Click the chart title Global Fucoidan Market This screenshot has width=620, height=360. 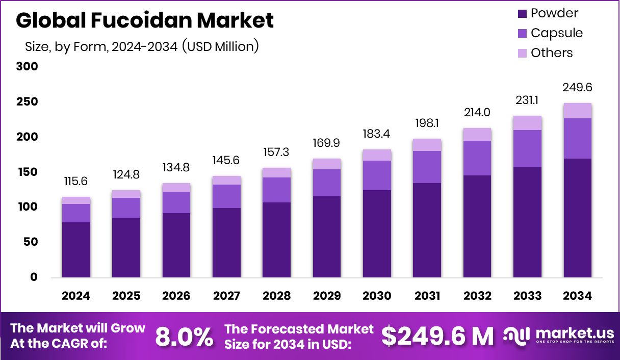point(145,20)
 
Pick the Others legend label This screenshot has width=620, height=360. point(552,53)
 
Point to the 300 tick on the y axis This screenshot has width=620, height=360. point(27,67)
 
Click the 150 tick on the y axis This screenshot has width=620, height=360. point(27,172)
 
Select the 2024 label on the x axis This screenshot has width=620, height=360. point(76,296)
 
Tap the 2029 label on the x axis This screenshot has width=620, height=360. point(327,296)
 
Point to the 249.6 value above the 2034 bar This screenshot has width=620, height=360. point(578,88)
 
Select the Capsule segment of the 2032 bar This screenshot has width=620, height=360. point(477,158)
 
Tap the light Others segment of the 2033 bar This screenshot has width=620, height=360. point(527,123)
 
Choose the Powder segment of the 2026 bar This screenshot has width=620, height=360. point(176,245)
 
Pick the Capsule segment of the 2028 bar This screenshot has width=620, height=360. point(276,190)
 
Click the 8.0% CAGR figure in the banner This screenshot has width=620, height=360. point(184,337)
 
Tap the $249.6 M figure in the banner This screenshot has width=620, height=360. point(437,337)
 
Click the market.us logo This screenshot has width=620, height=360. point(558,336)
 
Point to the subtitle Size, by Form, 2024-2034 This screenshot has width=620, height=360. point(142,46)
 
